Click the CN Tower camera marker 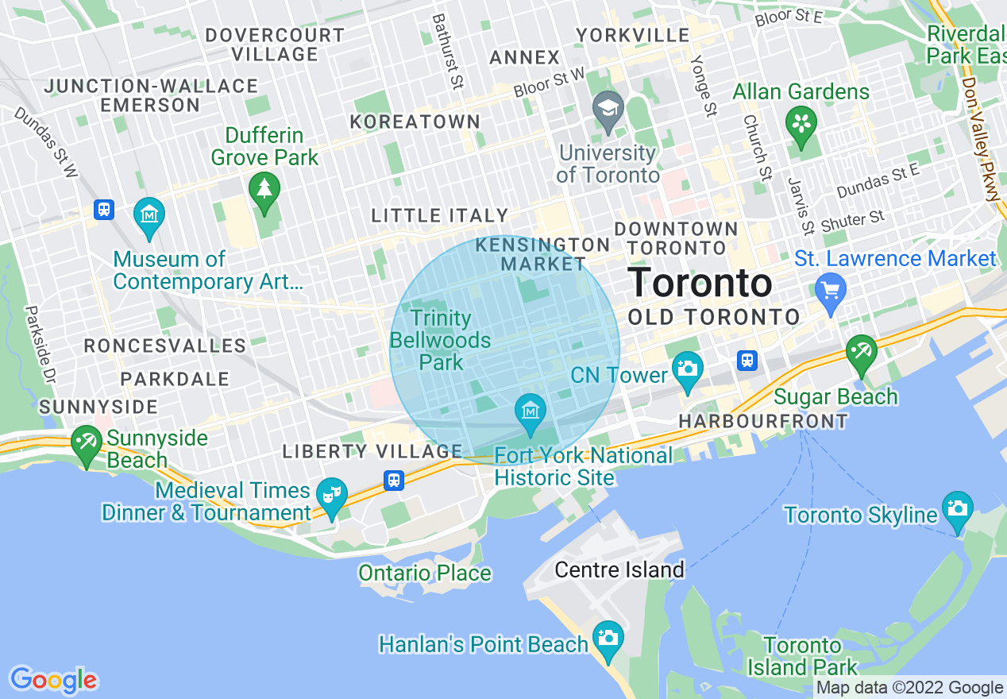[687, 369]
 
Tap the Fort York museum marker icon [530, 411]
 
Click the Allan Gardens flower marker [801, 123]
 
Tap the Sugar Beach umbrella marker [861, 351]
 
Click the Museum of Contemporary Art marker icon [149, 214]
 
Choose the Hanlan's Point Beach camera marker [608, 637]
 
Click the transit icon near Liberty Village [394, 481]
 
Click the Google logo [53, 680]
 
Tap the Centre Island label [619, 570]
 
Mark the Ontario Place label [425, 573]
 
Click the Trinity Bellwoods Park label [441, 340]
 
